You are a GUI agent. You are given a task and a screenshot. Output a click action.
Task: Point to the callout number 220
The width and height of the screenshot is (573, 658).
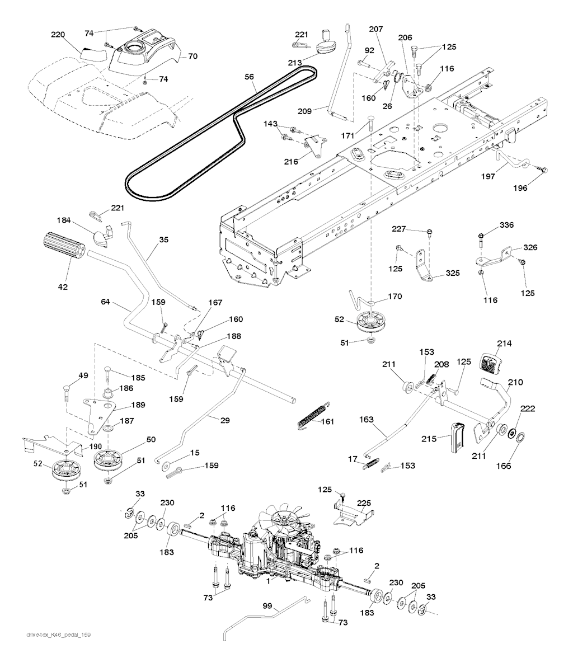[59, 35]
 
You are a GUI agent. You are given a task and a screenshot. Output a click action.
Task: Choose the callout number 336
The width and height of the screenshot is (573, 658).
[491, 225]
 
